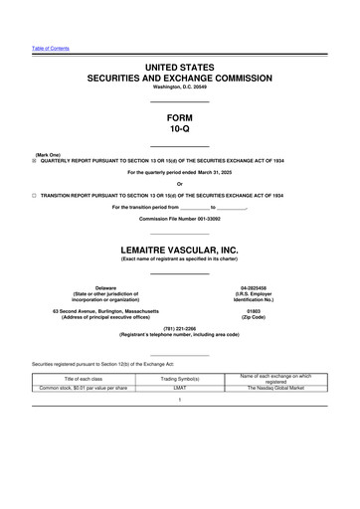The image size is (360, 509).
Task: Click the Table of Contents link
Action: click(x=49, y=49)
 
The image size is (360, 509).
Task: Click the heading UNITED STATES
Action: click(x=180, y=66)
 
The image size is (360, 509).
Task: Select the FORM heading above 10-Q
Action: click(x=180, y=116)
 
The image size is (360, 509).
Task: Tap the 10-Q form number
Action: click(x=180, y=129)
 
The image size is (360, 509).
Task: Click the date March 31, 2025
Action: click(x=212, y=172)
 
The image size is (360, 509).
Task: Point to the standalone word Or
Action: click(x=180, y=184)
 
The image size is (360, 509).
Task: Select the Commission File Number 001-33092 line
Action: click(x=180, y=218)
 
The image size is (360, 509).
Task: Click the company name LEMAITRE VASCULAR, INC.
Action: click(x=180, y=249)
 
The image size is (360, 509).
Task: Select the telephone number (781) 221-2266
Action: click(x=180, y=327)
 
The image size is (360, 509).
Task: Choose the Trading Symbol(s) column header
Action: click(x=180, y=379)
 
